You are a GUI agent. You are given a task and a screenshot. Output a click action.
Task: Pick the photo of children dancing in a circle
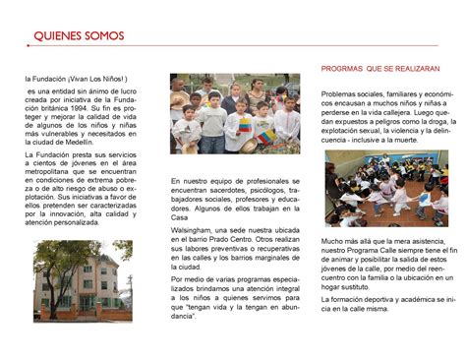click(385, 189)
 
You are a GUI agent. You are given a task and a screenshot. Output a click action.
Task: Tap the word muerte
click(429, 140)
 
